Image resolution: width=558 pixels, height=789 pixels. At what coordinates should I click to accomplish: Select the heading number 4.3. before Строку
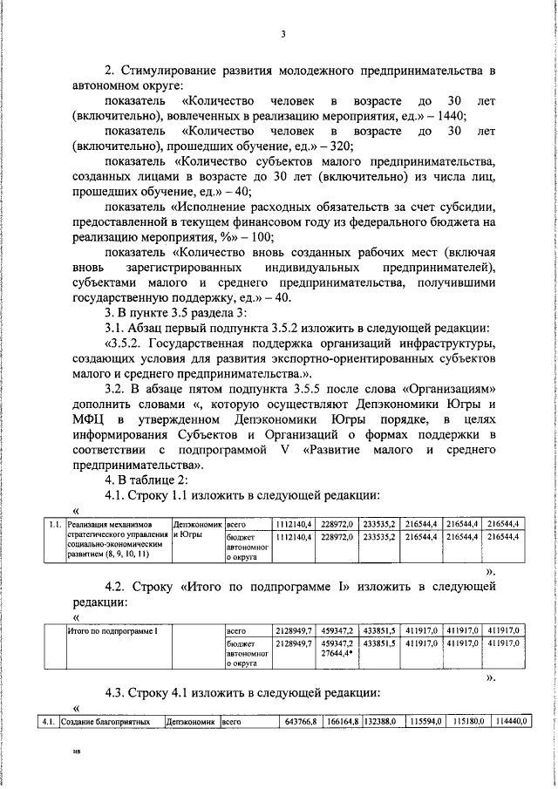[x=118, y=692]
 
